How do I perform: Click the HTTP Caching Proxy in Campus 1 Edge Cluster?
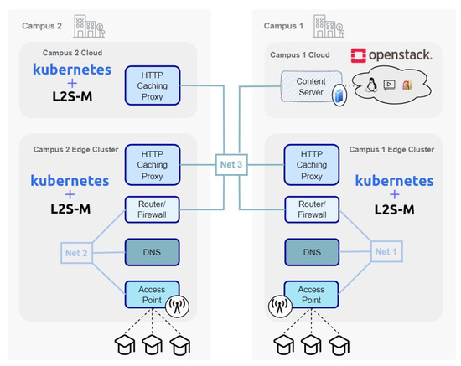pyautogui.click(x=311, y=164)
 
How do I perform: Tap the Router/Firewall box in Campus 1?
pyautogui.click(x=311, y=209)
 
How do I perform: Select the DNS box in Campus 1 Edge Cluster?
pyautogui.click(x=311, y=251)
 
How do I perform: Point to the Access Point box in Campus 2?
pyautogui.click(x=148, y=294)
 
